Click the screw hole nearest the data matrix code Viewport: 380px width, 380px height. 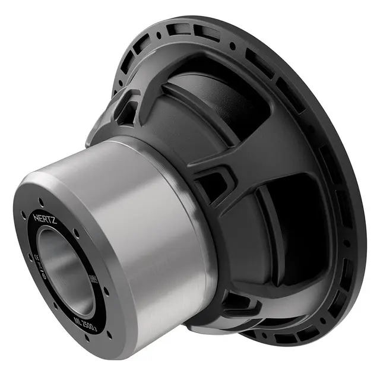tap(106, 292)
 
